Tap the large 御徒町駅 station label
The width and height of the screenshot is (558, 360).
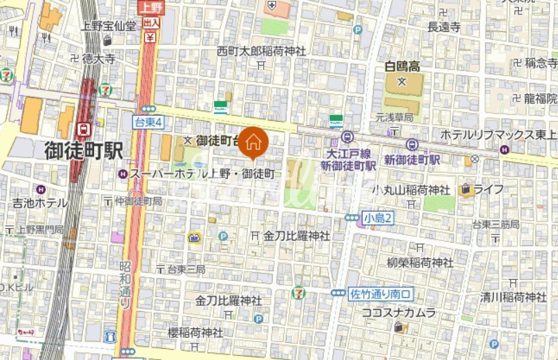(83, 150)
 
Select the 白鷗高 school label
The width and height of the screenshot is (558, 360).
(402, 67)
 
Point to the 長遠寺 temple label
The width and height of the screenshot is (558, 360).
(444, 27)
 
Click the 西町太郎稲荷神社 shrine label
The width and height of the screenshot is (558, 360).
(261, 50)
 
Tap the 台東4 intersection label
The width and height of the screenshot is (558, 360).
(147, 122)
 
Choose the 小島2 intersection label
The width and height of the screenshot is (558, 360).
(378, 218)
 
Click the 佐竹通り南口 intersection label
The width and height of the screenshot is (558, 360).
(381, 293)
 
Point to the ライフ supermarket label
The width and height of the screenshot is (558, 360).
(488, 189)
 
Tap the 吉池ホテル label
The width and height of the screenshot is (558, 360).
(40, 203)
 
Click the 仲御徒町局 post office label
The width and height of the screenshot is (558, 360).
(138, 201)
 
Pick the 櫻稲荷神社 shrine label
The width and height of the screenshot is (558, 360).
(195, 332)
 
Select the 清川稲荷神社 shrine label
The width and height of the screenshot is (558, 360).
(513, 297)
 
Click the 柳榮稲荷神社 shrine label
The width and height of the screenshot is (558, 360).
(420, 263)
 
